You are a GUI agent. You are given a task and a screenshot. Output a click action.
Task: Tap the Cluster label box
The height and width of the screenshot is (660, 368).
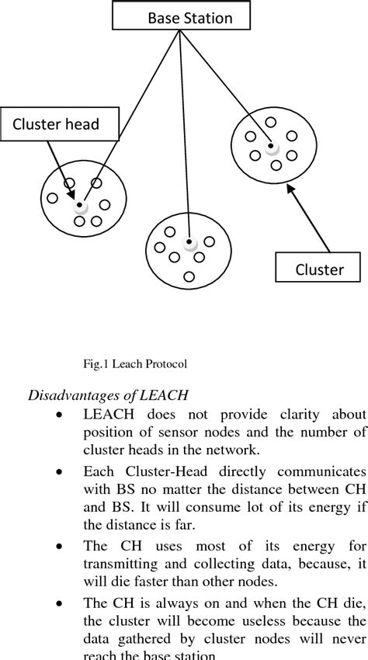(319, 269)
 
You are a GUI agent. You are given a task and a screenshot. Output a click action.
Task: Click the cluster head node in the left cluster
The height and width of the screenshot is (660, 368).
(80, 206)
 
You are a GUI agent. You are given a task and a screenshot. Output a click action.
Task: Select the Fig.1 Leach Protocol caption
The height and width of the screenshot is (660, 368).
(135, 363)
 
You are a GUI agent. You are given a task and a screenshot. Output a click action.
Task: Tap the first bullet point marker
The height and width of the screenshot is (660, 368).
(59, 415)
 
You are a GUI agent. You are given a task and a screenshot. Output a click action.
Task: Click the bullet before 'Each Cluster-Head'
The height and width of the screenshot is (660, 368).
(59, 471)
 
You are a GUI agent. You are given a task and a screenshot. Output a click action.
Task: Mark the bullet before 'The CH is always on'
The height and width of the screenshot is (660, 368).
(59, 603)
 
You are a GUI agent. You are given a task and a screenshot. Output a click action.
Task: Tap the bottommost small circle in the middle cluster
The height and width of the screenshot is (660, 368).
(189, 276)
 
